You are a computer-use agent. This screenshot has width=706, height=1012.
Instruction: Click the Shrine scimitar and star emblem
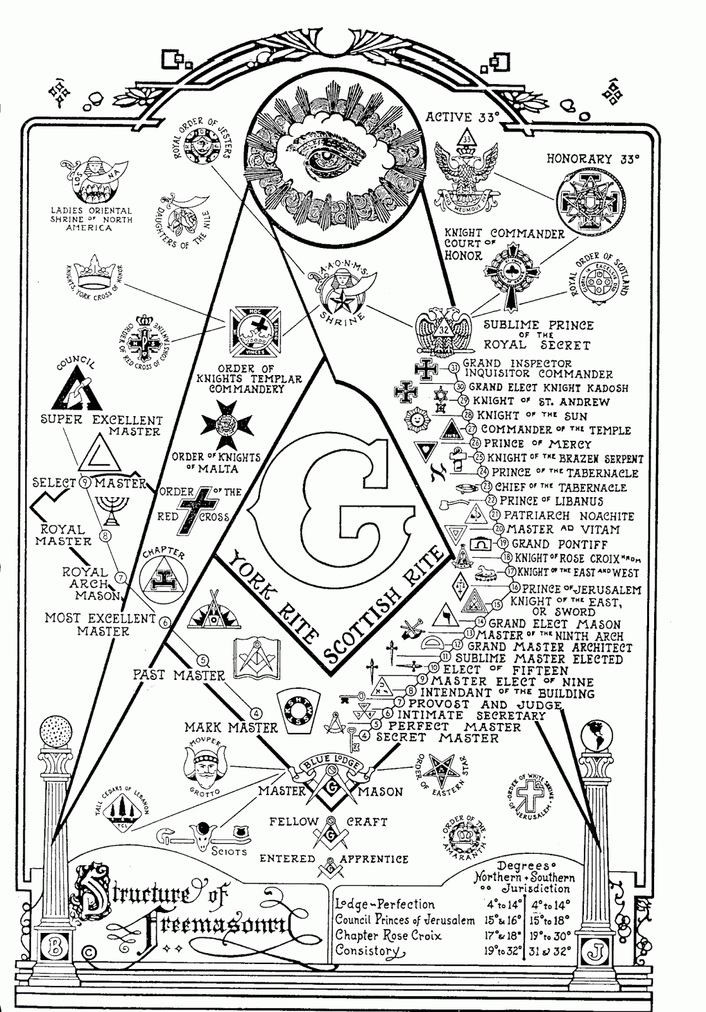[x=334, y=295]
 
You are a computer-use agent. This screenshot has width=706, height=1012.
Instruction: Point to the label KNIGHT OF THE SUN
[x=532, y=416]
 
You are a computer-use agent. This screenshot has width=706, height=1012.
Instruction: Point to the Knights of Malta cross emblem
[x=226, y=424]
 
